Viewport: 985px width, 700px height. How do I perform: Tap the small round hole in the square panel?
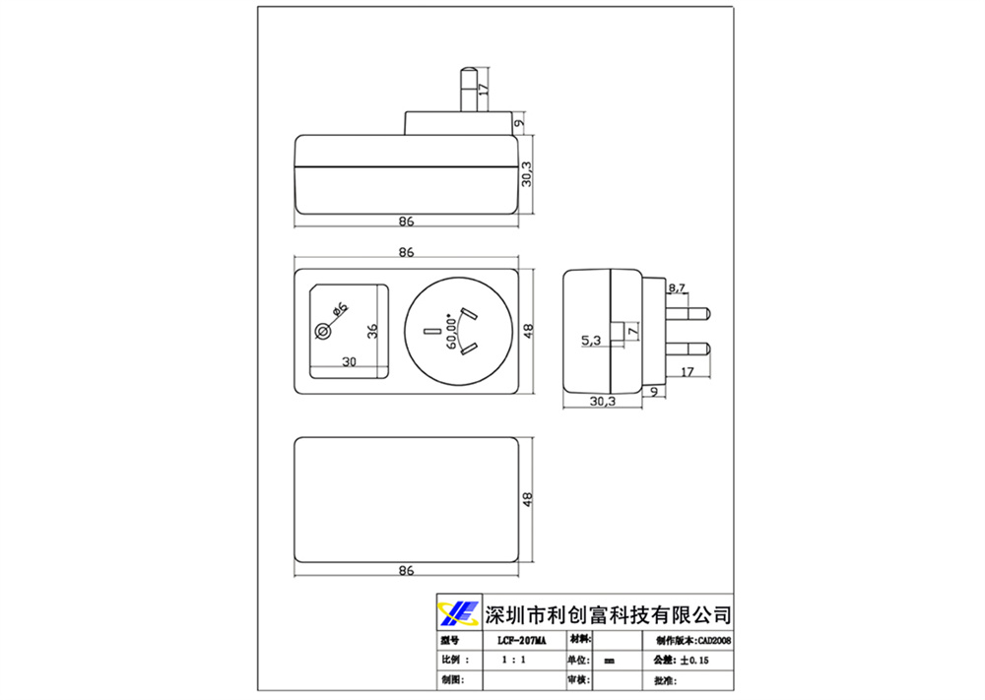(x=322, y=332)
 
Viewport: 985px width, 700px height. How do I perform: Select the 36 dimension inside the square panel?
(x=372, y=331)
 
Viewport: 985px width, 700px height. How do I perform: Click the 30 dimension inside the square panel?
(x=349, y=361)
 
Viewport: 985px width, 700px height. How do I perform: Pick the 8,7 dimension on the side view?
(x=678, y=288)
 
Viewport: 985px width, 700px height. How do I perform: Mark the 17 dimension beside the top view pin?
(x=483, y=89)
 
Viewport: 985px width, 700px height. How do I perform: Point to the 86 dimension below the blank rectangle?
(x=406, y=570)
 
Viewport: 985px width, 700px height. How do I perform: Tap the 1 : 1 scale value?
(x=512, y=660)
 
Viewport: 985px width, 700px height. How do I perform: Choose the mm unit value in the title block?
(x=609, y=661)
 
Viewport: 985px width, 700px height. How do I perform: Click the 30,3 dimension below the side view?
(x=603, y=401)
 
